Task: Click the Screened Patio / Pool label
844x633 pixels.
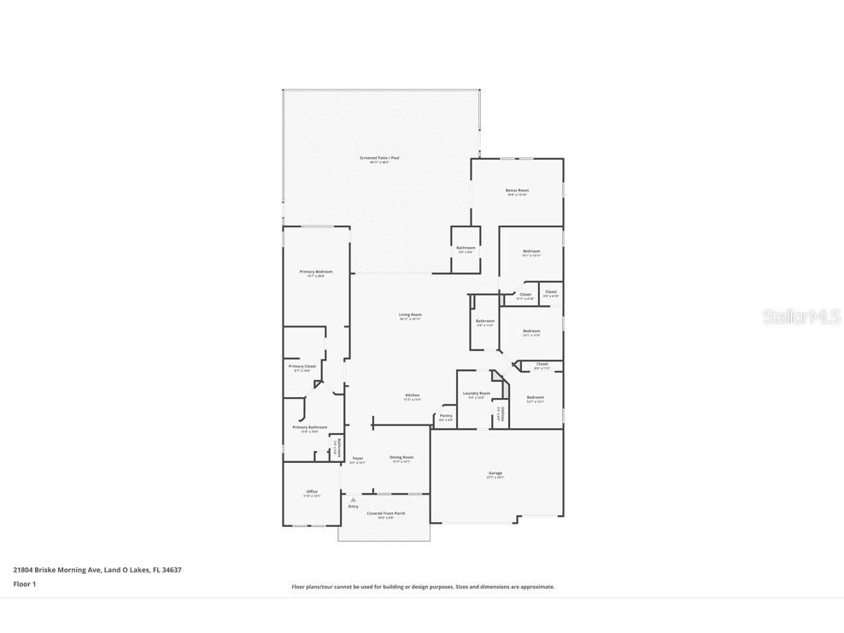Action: (x=379, y=158)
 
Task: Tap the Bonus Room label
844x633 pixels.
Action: (x=517, y=190)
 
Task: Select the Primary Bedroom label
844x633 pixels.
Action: (x=316, y=272)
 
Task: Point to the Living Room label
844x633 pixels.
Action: (x=410, y=314)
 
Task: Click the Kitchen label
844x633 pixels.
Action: (x=412, y=396)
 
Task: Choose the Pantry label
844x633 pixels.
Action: (x=446, y=416)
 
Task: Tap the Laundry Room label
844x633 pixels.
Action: (x=476, y=393)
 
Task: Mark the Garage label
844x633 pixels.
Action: (x=495, y=473)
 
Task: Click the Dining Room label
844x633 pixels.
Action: (x=401, y=457)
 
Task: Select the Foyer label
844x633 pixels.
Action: (x=357, y=459)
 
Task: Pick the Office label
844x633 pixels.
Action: (x=312, y=492)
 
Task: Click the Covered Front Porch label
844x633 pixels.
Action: (x=385, y=513)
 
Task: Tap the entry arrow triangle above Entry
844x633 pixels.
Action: (x=353, y=500)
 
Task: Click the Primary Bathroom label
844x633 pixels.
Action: (x=309, y=427)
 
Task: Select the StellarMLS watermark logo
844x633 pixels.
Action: (x=802, y=317)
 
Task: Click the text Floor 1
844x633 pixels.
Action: (x=24, y=584)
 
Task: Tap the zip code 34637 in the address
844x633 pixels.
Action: (x=172, y=570)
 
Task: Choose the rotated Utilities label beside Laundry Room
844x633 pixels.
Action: (x=503, y=415)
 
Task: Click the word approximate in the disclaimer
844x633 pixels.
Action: (x=536, y=587)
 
